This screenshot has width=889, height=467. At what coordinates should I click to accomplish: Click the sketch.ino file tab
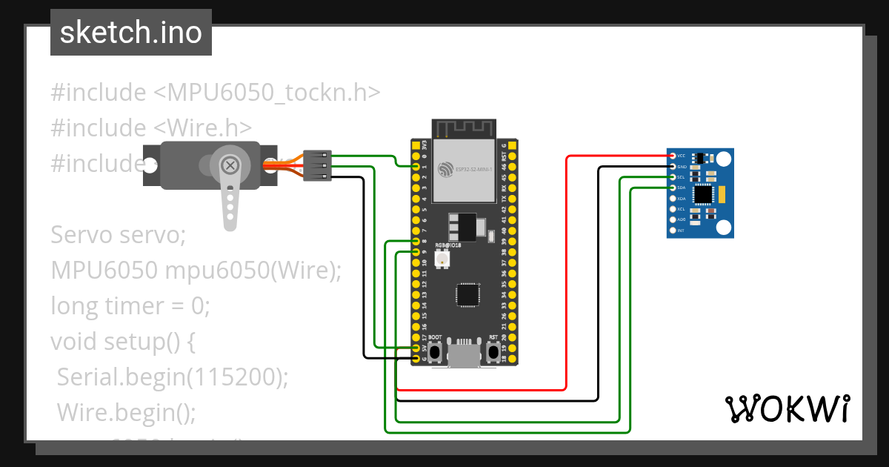coord(131,33)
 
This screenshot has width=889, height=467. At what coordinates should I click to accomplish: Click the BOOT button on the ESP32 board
coord(436,351)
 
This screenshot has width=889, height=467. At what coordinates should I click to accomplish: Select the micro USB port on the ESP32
coord(465,355)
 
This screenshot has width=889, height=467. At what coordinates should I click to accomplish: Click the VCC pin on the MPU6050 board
coord(672,156)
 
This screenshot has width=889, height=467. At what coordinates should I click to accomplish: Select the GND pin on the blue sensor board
coord(672,167)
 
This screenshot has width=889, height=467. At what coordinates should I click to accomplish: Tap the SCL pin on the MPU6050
coord(672,178)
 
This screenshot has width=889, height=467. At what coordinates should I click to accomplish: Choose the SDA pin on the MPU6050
coord(672,188)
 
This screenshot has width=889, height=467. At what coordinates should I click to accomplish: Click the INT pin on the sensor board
coord(672,231)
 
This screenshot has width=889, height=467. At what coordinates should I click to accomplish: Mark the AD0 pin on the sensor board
coord(672,220)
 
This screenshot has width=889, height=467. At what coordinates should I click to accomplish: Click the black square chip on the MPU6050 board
coord(702,195)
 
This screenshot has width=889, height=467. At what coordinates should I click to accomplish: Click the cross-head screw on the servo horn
coord(231,165)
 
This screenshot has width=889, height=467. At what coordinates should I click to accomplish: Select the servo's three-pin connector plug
coord(317,165)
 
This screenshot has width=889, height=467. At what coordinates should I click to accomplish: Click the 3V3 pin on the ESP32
coord(415,146)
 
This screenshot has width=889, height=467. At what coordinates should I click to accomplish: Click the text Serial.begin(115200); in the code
coord(173,377)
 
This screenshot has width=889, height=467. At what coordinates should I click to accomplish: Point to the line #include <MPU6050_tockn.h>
coord(216,93)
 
